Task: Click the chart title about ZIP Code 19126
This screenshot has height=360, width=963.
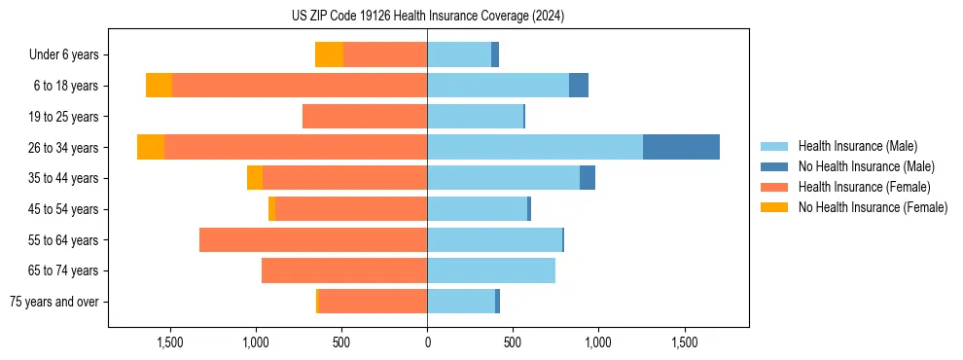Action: [427, 17]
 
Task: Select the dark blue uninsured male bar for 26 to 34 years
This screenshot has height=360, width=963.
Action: [681, 147]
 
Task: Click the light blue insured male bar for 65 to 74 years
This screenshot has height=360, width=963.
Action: [490, 270]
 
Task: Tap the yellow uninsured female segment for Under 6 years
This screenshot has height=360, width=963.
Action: [329, 54]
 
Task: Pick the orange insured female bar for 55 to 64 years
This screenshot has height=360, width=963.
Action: [313, 240]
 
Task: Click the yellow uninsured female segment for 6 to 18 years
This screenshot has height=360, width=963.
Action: [159, 86]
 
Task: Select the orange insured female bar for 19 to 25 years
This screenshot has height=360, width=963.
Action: [365, 117]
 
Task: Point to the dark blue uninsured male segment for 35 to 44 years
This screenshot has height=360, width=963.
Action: [588, 178]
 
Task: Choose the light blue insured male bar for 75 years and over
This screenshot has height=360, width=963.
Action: [461, 302]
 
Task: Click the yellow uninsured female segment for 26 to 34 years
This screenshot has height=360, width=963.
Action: [151, 147]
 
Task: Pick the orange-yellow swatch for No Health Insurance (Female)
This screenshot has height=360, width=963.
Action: [775, 207]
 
